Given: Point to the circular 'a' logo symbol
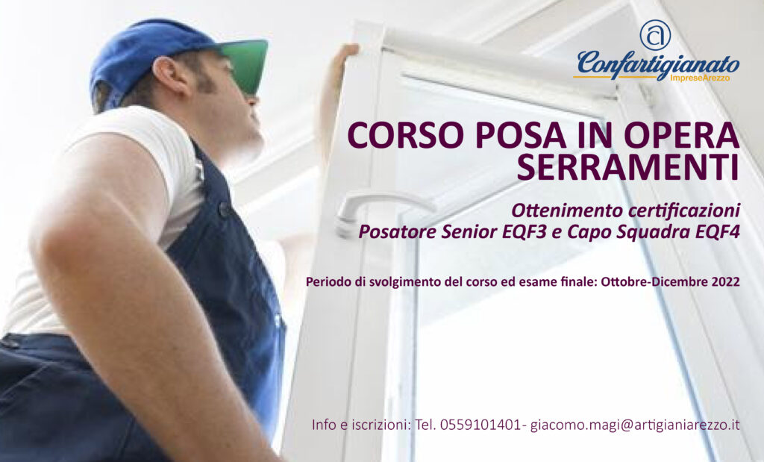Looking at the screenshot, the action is (x=655, y=34).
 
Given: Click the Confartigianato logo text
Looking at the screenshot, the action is (x=658, y=65).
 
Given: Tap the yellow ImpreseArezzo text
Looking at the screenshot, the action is (x=700, y=78).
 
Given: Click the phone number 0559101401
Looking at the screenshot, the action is (x=480, y=425).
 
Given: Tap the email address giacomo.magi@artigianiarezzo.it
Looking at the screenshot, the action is (x=635, y=425).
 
